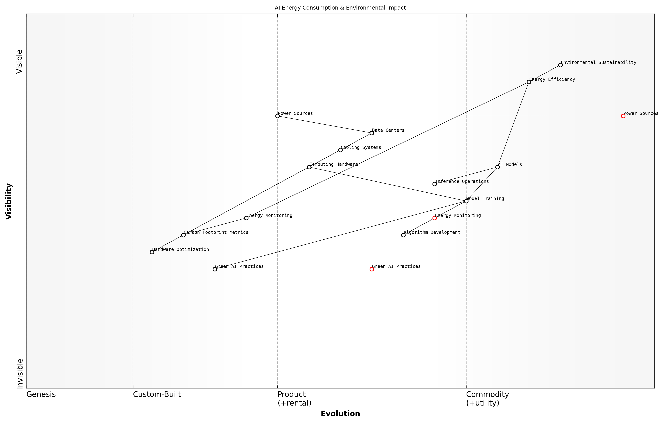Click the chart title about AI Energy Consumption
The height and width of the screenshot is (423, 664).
[x=340, y=8]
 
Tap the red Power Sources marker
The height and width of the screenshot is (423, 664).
[x=623, y=116]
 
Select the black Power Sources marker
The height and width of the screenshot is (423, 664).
[x=277, y=116]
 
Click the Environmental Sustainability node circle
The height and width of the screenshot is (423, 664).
[x=560, y=65]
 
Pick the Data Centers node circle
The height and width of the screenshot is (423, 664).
[x=372, y=133]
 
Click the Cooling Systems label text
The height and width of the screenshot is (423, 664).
[x=361, y=147]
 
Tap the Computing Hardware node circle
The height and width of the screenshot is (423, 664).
[x=309, y=167]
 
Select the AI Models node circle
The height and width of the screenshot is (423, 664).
[x=498, y=167]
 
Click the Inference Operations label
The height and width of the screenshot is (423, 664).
[x=462, y=181]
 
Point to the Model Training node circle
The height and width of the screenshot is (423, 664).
[x=466, y=201]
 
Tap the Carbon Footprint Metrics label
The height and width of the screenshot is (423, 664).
[x=216, y=232]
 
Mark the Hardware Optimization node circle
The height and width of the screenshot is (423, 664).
[x=152, y=252]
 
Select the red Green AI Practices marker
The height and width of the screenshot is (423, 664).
[x=372, y=269]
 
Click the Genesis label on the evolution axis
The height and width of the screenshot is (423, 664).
[x=41, y=394]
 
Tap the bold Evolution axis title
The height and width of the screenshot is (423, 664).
[x=340, y=414]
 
